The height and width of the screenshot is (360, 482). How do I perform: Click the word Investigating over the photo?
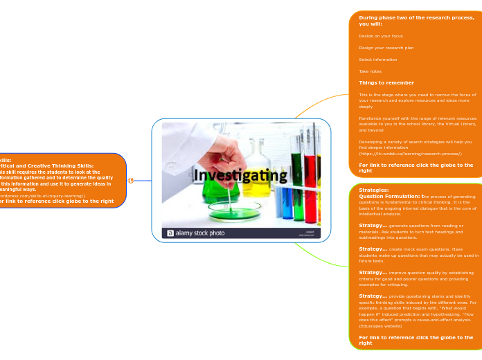click(239, 176)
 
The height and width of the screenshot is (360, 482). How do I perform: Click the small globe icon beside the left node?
click(131, 181)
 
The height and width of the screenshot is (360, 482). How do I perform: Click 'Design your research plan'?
click(386, 48)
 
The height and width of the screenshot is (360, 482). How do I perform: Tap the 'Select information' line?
click(378, 60)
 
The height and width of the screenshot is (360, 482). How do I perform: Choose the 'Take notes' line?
click(371, 71)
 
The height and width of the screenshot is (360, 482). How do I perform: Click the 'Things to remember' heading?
click(386, 83)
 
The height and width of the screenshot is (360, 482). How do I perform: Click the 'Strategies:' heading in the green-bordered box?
click(373, 190)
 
